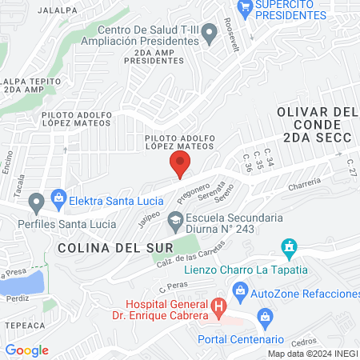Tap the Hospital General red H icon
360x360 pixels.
click(x=216, y=306)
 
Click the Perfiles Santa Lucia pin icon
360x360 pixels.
click(x=35, y=201)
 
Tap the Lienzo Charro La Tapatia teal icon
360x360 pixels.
click(x=290, y=248)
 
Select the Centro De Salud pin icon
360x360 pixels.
click(x=210, y=34)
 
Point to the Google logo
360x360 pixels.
click(x=26, y=350)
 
